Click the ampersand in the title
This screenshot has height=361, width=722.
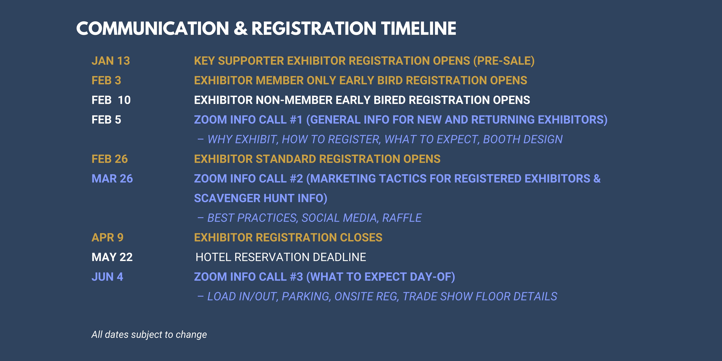click(x=240, y=29)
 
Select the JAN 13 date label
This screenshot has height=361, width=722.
click(x=111, y=61)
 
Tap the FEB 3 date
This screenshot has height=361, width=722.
click(x=106, y=80)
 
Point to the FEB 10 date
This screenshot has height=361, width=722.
click(x=111, y=100)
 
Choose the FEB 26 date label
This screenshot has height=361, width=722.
click(x=110, y=159)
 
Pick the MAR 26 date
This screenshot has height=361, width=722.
click(x=112, y=179)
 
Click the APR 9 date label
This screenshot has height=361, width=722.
click(x=107, y=237)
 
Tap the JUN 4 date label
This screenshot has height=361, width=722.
click(x=107, y=277)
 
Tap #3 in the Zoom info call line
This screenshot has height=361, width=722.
click(x=296, y=277)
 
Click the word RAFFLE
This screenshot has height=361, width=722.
click(x=402, y=218)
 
